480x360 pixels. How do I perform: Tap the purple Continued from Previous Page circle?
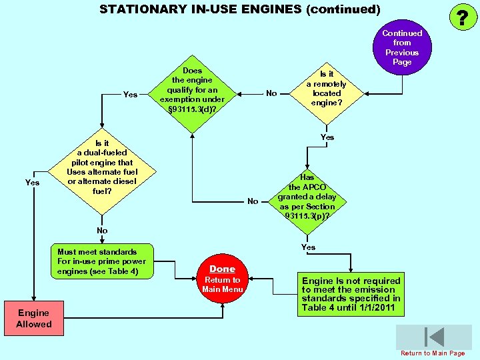(x=402, y=47)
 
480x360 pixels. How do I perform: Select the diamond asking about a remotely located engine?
(x=327, y=89)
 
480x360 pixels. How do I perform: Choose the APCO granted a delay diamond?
(x=307, y=197)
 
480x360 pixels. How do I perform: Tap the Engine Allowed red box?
(x=34, y=319)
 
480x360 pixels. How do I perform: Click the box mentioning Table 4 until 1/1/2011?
(x=351, y=294)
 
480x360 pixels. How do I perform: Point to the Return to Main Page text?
(x=433, y=353)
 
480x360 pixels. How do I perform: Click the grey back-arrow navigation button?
(x=433, y=337)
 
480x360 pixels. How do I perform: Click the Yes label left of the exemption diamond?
(x=131, y=95)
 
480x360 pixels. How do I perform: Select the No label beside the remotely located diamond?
(x=271, y=93)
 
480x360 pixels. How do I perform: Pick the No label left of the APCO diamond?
(x=253, y=201)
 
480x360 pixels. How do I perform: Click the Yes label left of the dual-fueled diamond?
(x=32, y=183)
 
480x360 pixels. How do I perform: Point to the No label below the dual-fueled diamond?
(x=102, y=231)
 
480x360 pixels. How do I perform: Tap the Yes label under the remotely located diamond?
(x=327, y=137)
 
